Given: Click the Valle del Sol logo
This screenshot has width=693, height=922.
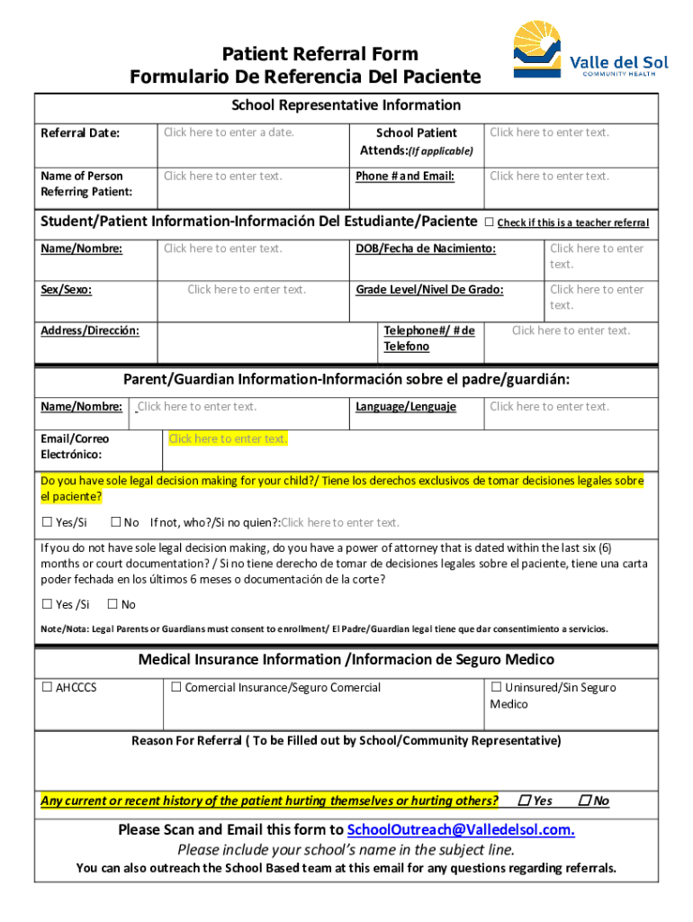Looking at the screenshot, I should tap(590, 51).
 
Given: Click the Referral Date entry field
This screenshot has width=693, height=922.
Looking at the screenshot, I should tap(229, 132).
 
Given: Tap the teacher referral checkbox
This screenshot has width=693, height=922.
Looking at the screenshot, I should tap(490, 222).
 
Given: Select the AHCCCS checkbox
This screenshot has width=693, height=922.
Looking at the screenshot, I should tap(48, 688).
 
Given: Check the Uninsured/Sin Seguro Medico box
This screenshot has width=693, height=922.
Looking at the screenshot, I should tap(496, 688).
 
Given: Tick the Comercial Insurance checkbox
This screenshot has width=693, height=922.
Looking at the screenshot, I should tap(176, 688).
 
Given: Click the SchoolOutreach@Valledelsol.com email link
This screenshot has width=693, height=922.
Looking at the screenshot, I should tap(461, 829).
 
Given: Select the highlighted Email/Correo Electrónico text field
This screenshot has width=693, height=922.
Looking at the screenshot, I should tap(228, 438).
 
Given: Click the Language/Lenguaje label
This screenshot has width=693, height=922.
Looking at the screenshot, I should tap(405, 407).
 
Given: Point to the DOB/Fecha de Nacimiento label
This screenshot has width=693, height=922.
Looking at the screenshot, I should tap(425, 249).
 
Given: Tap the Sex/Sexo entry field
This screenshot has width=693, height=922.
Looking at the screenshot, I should tap(247, 289).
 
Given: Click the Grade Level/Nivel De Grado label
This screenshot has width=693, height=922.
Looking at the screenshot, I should tap(429, 290).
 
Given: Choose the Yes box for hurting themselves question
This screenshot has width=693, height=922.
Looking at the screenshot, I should tap(525, 800).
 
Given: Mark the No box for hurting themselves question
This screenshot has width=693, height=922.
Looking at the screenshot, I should tap(585, 800).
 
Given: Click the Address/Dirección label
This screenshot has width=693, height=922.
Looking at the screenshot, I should tap(90, 331).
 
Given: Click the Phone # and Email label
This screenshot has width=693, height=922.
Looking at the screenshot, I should tap(405, 176).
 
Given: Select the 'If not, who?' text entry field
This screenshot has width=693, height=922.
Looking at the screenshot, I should tap(340, 522).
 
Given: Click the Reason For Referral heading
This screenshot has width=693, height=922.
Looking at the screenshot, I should tap(346, 741).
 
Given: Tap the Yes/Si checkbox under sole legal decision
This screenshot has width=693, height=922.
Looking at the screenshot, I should tap(48, 522).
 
